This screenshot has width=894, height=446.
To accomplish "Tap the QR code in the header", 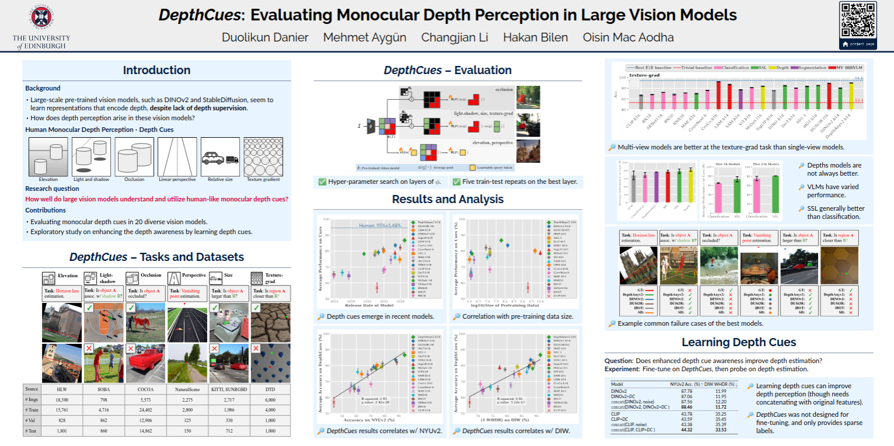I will (858, 20).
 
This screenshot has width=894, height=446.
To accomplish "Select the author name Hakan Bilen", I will (535, 37).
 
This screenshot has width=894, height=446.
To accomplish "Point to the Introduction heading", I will (156, 70).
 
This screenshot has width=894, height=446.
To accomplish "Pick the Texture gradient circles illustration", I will (263, 156).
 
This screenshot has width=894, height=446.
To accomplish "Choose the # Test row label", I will (32, 431).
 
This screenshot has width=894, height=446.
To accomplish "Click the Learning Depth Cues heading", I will (739, 343).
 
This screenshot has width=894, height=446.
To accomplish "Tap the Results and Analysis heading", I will (447, 199).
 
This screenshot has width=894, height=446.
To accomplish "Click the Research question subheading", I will (52, 189).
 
